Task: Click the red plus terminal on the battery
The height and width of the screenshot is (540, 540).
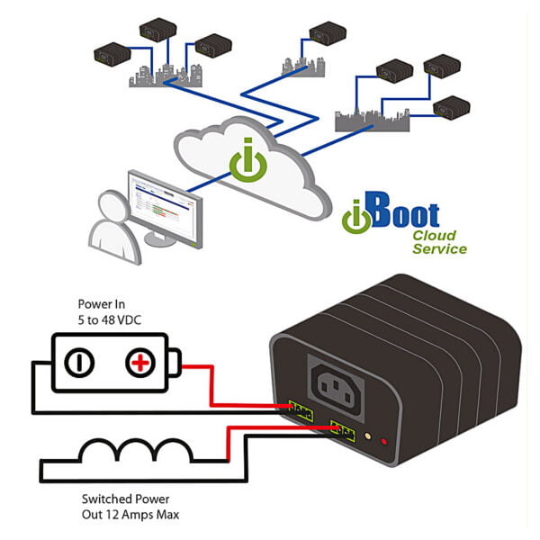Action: point(139,363)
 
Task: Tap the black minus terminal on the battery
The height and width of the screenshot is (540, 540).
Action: point(80,363)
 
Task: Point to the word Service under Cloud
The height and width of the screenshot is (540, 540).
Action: point(439,249)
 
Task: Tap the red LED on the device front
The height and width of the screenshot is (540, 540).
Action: point(385,442)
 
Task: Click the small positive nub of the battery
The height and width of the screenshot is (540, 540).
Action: point(175,364)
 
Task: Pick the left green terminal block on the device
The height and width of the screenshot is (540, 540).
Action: point(301,411)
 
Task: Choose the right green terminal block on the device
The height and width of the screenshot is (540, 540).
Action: point(344,430)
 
